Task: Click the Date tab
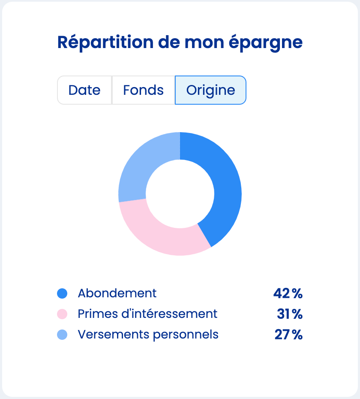[84, 90]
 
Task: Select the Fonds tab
[143, 90]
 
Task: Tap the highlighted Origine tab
[210, 90]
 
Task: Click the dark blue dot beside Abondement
[62, 293]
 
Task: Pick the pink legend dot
[62, 314]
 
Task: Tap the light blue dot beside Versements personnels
[62, 335]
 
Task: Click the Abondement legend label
[117, 293]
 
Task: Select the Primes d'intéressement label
[147, 314]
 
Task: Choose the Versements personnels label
[148, 335]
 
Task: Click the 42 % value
[288, 293]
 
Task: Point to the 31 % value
[290, 314]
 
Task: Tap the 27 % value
[288, 335]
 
